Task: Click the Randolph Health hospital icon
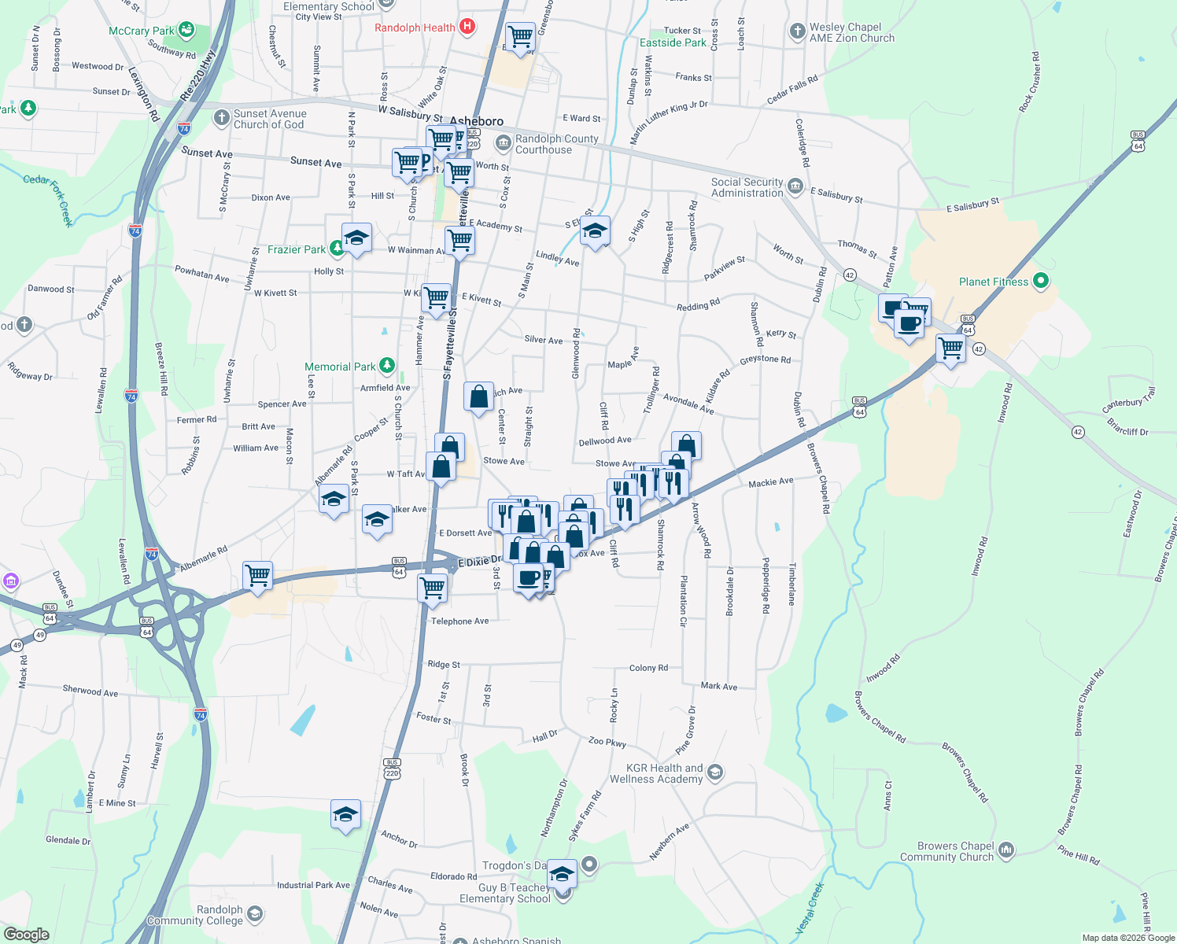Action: click(x=467, y=27)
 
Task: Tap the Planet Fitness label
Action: click(x=993, y=282)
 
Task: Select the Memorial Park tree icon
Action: click(x=386, y=366)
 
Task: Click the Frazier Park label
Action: click(x=296, y=249)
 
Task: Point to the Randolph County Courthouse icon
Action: click(x=503, y=143)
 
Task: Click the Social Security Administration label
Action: click(x=747, y=187)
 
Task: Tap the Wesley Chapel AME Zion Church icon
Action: click(x=798, y=31)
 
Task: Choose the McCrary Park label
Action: click(x=141, y=31)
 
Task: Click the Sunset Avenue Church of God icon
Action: click(x=222, y=118)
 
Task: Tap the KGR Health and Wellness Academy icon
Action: click(x=714, y=772)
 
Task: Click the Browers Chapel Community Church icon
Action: click(x=1006, y=850)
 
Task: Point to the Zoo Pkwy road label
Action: click(x=607, y=742)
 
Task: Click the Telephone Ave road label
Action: click(x=459, y=621)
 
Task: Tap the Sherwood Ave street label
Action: click(x=90, y=691)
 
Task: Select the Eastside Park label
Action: click(x=673, y=42)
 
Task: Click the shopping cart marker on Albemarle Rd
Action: click(x=257, y=576)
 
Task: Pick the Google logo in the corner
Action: click(x=26, y=934)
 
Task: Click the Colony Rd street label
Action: click(x=648, y=668)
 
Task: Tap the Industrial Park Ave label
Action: click(x=313, y=885)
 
